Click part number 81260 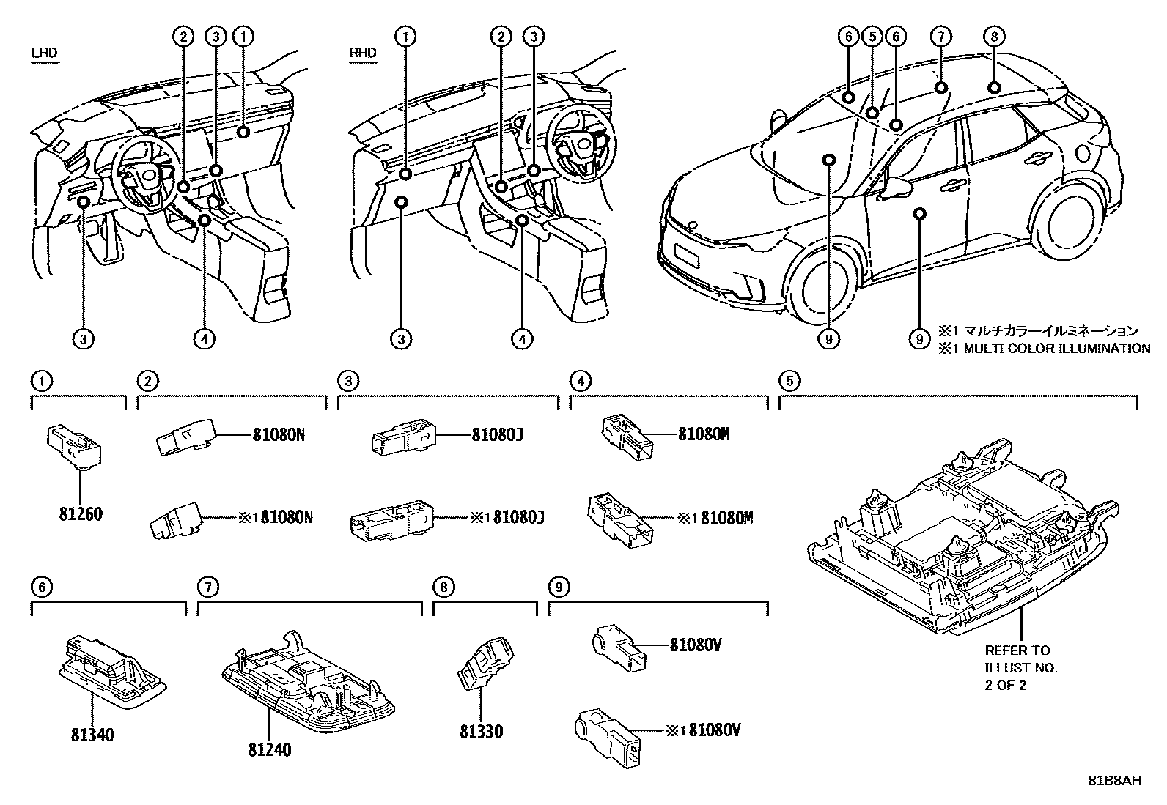[81, 514]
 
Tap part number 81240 [269, 750]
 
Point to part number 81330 [482, 732]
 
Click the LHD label [44, 53]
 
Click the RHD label [363, 53]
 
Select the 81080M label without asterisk [704, 434]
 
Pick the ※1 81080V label [704, 730]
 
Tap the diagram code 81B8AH [1114, 781]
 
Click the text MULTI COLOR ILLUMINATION [1056, 349]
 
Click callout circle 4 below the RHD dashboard [523, 338]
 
